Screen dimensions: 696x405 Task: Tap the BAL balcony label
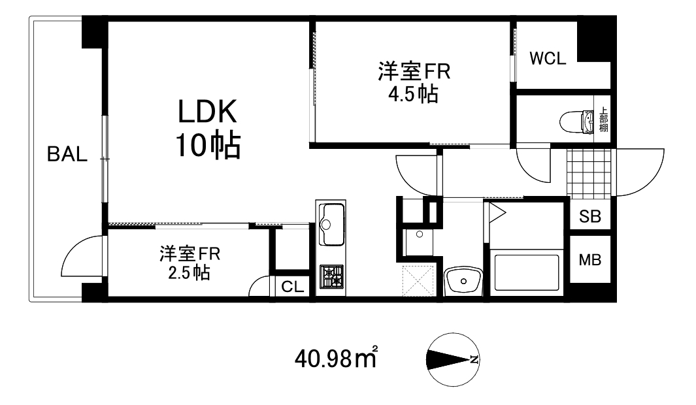(67, 154)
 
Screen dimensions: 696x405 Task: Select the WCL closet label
(548, 59)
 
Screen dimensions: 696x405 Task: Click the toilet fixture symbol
(576, 122)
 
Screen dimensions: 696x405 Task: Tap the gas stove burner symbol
(332, 276)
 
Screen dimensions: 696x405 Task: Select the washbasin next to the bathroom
(463, 282)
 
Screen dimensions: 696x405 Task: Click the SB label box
(590, 216)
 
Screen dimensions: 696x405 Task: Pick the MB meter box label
(590, 259)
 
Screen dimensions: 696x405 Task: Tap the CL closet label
(293, 287)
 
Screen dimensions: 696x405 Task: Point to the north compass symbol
(452, 359)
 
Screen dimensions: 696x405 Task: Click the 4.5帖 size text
(413, 93)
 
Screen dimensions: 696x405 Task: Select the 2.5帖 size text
(189, 272)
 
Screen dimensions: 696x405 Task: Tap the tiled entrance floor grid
(589, 174)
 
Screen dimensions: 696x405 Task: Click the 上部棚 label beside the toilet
(603, 120)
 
